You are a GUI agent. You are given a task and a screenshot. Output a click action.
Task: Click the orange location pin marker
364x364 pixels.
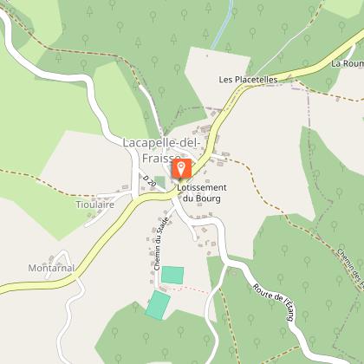tap(181, 167)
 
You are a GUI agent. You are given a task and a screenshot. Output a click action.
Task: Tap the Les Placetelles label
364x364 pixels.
tap(248, 80)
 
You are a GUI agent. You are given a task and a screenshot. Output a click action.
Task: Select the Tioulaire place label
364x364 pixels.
tap(95, 205)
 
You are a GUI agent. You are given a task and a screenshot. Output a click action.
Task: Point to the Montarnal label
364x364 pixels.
tap(49, 268)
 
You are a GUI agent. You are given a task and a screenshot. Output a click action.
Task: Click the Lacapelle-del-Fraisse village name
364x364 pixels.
tap(161, 149)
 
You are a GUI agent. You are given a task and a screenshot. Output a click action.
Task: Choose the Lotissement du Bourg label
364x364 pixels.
tap(201, 193)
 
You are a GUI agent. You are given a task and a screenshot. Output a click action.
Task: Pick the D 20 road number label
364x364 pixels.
tap(149, 183)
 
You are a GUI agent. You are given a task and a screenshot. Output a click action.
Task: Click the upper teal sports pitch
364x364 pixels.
tap(173, 275)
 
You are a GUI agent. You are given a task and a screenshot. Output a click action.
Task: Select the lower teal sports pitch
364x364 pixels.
tap(159, 303)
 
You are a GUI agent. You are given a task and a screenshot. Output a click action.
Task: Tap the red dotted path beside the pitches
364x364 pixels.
tap(198, 289)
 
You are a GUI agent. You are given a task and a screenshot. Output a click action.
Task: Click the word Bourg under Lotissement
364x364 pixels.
tap(203, 199)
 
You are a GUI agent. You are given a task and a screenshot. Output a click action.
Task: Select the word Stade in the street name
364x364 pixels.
tap(164, 234)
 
